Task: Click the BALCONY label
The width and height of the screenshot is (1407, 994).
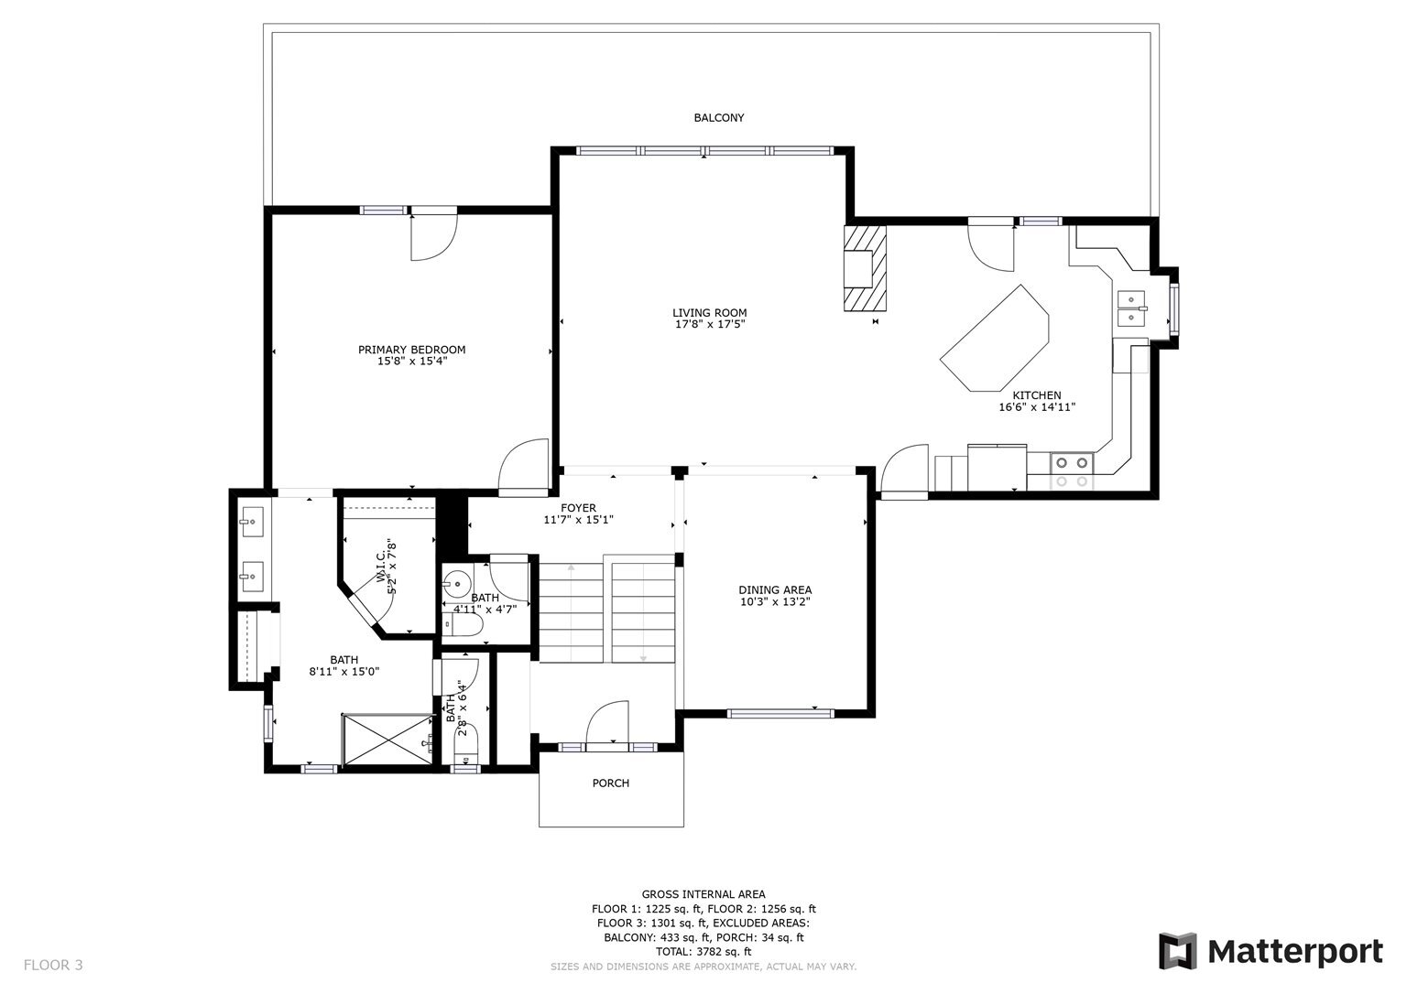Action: [718, 118]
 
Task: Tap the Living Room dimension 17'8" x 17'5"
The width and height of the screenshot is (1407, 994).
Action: [709, 324]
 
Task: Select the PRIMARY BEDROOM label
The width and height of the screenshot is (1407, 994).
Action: [411, 350]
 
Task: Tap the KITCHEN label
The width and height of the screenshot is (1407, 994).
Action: [1036, 395]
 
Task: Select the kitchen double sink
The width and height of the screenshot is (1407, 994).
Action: [1132, 308]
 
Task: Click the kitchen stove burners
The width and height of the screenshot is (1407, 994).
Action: [1071, 470]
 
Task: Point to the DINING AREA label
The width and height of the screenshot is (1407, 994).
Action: [775, 590]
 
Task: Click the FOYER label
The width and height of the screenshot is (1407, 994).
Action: [578, 508]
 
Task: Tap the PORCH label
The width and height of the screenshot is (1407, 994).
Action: [610, 783]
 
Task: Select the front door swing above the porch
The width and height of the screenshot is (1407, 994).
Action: [606, 722]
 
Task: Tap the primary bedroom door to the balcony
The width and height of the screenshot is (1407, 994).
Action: [432, 234]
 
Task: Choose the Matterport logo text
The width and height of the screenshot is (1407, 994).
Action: [1294, 951]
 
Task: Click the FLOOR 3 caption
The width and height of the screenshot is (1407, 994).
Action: [53, 965]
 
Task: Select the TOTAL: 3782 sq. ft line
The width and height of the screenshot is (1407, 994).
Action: [703, 952]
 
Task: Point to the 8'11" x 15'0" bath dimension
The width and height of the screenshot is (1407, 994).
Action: [344, 671]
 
